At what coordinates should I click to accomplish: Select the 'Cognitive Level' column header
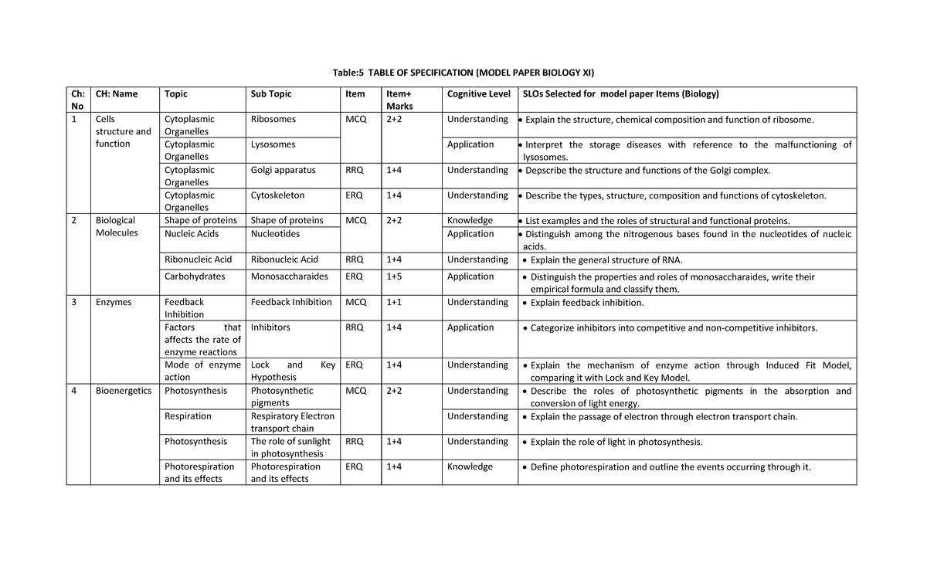pyautogui.click(x=478, y=94)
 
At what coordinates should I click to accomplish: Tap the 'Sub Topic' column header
pyautogui.click(x=271, y=94)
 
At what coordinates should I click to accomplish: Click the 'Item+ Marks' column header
pyautogui.click(x=399, y=100)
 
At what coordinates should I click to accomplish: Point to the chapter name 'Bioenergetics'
pyautogui.click(x=124, y=391)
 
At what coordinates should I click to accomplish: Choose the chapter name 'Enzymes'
pyautogui.click(x=113, y=302)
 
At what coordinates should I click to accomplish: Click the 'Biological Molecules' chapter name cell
pyautogui.click(x=116, y=226)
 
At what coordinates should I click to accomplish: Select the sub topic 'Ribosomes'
pyautogui.click(x=273, y=120)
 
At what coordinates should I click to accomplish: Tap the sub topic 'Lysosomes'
pyautogui.click(x=273, y=144)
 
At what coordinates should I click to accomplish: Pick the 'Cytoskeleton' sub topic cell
pyautogui.click(x=277, y=195)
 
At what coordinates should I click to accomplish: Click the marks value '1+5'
pyautogui.click(x=394, y=276)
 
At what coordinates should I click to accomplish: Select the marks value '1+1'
pyautogui.click(x=394, y=302)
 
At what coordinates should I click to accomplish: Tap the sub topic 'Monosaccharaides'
pyautogui.click(x=290, y=276)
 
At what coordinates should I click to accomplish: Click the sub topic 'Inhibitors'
pyautogui.click(x=270, y=327)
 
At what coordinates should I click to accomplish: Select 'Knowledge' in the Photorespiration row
pyautogui.click(x=470, y=466)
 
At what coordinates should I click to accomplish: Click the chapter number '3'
pyautogui.click(x=74, y=302)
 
